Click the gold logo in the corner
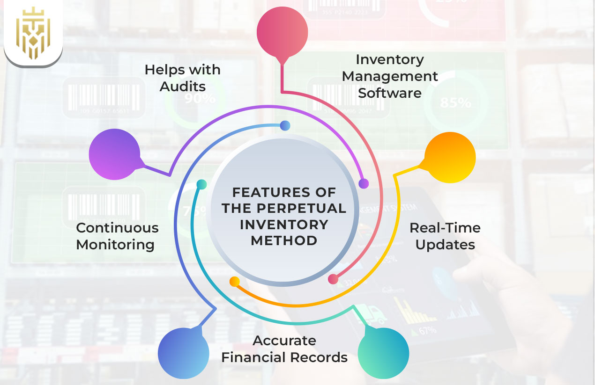(33, 32)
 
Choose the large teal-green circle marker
(383, 353)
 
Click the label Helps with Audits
(182, 78)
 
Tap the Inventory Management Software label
(390, 76)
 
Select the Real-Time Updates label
(445, 236)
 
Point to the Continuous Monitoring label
(117, 236)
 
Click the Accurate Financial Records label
(284, 349)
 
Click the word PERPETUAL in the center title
(284, 208)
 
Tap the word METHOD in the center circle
(284, 240)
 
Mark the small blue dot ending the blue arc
(285, 125)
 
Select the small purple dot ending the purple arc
(363, 183)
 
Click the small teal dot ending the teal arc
(201, 184)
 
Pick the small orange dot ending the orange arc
(235, 282)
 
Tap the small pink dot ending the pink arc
(333, 279)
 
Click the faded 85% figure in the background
(455, 103)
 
